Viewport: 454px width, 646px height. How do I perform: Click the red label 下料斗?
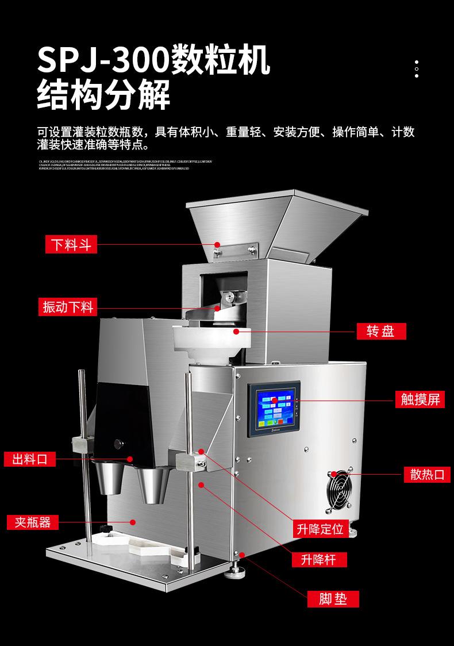point(71,245)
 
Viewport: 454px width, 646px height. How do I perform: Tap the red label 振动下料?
point(68,307)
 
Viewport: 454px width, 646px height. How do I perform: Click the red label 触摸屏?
point(420,399)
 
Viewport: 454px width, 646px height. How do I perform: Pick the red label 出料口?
point(30,459)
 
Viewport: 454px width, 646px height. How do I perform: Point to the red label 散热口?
point(426,474)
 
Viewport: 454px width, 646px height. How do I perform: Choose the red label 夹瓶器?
point(33,522)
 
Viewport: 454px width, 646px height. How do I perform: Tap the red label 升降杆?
point(320,560)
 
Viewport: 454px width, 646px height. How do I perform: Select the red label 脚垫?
point(332,599)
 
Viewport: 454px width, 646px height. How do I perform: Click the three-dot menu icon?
point(416,68)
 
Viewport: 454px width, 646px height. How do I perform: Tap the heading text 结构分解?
point(103,96)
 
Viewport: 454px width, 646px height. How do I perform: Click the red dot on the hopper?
point(217,245)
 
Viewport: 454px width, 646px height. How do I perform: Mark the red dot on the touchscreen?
point(275,399)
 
